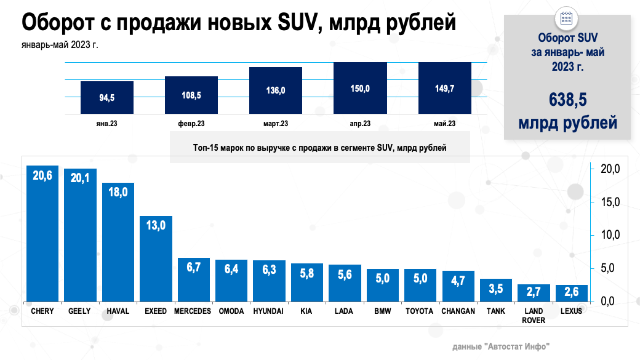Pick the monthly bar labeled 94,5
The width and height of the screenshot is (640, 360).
[x=106, y=97]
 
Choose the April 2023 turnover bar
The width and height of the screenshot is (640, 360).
[x=359, y=87]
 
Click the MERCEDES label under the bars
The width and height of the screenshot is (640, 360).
[x=193, y=311]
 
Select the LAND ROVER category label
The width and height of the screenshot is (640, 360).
[x=533, y=316]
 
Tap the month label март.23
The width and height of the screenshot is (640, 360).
[x=275, y=124]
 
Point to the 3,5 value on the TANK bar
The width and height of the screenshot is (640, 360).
[x=495, y=287]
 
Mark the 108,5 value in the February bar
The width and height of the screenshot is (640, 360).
[x=191, y=95]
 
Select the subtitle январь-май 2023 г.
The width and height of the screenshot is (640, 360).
[x=59, y=44]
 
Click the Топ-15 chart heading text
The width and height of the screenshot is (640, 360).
[x=319, y=148]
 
